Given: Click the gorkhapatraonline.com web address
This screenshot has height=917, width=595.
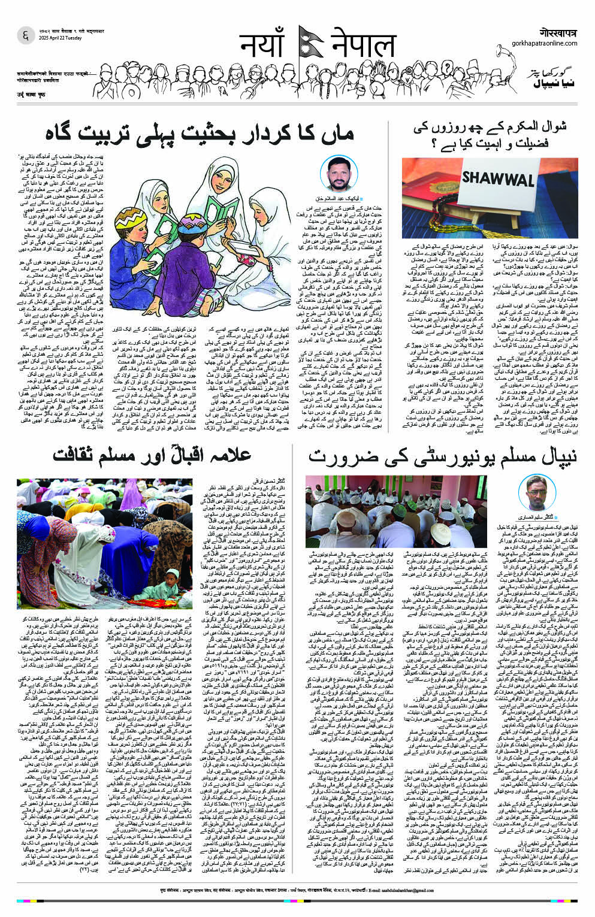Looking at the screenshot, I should click(x=545, y=43).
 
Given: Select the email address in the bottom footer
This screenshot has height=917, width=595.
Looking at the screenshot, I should click(x=394, y=905).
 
